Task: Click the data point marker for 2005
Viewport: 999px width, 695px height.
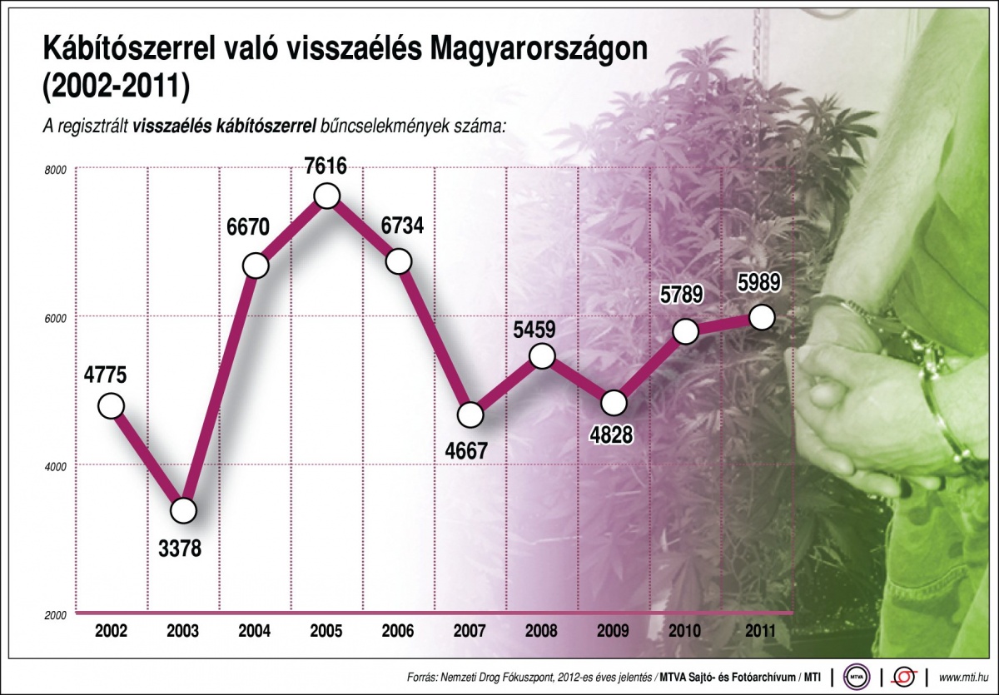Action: pos(327,196)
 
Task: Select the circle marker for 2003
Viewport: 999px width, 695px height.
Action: pos(183,510)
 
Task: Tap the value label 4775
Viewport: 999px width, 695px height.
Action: pos(105,375)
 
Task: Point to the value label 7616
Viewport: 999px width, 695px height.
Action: pos(325,165)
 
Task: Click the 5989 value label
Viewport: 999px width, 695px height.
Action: pos(758,284)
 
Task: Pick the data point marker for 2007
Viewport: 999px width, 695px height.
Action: pos(470,414)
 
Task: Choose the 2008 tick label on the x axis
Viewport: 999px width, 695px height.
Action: pos(541,631)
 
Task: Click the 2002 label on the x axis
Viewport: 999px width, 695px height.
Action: pos(111,631)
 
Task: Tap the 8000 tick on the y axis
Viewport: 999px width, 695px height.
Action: pos(55,169)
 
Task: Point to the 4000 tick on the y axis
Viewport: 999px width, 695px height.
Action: pos(55,466)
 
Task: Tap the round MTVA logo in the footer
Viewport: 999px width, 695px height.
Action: pos(857,675)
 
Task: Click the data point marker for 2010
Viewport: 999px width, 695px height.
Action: pos(685,331)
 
